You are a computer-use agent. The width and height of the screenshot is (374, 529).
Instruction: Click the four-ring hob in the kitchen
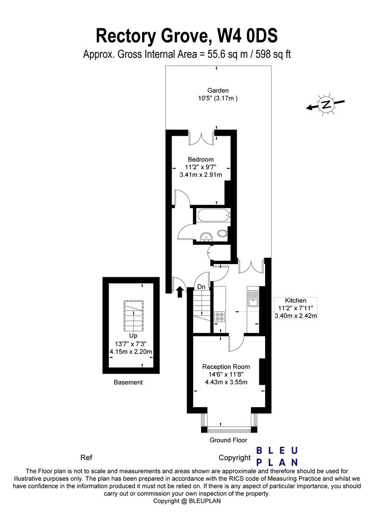tap(219, 317)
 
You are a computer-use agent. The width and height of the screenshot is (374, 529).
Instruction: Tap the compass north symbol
tap(325, 104)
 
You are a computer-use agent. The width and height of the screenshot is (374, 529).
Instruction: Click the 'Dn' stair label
tap(201, 287)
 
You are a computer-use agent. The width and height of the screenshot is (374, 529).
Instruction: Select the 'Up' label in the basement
tap(133, 336)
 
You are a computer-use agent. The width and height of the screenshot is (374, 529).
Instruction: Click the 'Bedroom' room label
tap(200, 159)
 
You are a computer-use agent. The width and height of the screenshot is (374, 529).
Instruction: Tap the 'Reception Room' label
tap(226, 367)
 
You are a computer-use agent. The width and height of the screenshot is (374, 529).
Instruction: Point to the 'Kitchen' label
tap(296, 300)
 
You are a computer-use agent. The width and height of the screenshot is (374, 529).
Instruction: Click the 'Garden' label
tap(218, 91)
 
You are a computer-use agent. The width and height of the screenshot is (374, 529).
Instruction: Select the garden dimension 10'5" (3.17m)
tap(218, 98)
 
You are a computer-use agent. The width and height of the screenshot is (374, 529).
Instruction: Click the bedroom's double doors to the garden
tap(201, 138)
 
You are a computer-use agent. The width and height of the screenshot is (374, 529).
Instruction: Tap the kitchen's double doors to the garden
tap(251, 265)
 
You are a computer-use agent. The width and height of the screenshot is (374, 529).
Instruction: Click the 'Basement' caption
tap(128, 382)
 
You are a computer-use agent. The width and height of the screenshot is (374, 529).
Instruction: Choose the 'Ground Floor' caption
tap(228, 440)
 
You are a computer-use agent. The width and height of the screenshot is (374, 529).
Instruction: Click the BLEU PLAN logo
tap(277, 456)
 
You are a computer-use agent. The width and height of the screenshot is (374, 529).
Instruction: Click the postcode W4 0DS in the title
tap(248, 35)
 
